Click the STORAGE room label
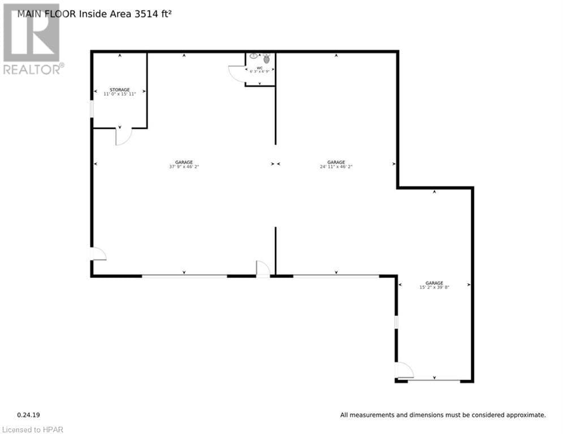119,89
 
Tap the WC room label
260,67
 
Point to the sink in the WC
253,57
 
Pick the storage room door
123,136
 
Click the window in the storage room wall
92,108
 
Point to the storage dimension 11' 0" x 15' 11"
119,94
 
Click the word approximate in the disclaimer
525,415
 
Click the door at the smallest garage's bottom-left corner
404,371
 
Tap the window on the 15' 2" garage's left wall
396,322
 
